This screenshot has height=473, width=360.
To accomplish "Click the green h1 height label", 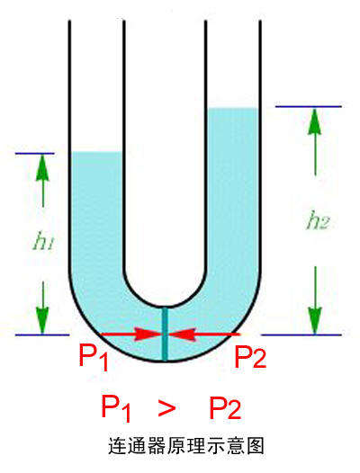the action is coord(43,241).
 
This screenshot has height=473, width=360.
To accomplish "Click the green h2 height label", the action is coord(317,220).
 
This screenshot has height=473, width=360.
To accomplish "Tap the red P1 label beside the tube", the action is coord(94,357).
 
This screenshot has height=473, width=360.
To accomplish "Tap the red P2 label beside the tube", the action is coord(250,357).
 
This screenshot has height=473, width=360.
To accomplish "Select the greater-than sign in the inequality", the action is coord(166,408).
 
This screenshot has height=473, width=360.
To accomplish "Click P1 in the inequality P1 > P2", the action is coord(116,408).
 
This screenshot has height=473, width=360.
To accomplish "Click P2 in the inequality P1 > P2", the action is coord(225,408).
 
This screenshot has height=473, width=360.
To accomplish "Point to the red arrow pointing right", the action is coord(131,335).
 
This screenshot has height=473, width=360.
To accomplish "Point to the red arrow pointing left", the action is coord(204,335).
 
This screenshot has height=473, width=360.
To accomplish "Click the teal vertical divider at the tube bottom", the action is coord(165,334).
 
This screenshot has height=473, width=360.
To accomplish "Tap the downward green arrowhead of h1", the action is coord(42,320).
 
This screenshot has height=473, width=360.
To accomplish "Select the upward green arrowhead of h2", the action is coord(315,120).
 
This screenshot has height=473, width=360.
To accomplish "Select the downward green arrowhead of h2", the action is coord(315,321).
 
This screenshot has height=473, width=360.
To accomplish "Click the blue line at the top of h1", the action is coord(35,154).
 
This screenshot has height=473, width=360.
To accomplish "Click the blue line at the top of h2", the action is coord(308,106).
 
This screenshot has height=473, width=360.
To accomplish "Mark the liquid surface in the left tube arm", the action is coord(96,152).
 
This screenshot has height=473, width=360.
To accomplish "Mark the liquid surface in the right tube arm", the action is coord(233,108).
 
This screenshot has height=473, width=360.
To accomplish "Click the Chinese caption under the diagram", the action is coord(186,446).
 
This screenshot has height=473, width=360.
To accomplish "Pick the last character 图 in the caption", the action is coord(255,446).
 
